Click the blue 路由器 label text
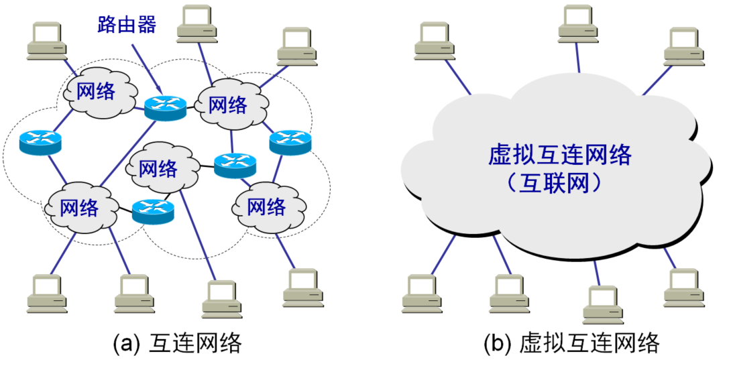124,25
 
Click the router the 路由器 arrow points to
164,107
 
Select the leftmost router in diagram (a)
40,141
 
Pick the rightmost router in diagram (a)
291,141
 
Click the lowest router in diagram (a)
153,211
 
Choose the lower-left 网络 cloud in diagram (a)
79,207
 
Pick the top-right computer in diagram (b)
683,47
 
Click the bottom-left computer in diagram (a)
48,294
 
